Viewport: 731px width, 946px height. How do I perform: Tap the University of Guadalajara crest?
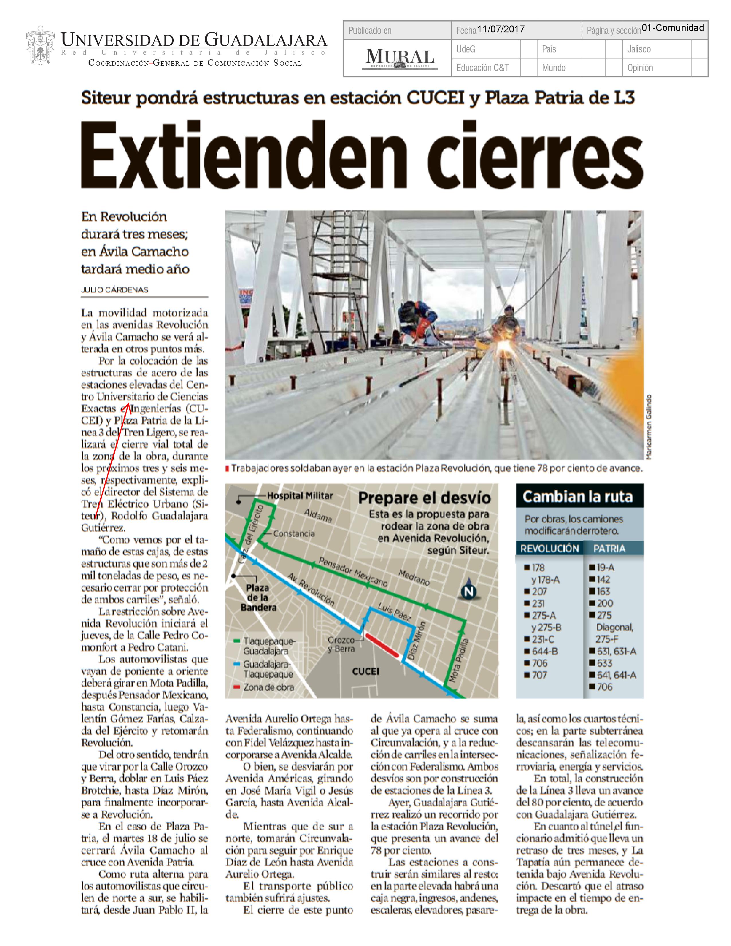tap(40, 48)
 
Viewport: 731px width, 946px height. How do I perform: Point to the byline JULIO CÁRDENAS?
tap(114, 290)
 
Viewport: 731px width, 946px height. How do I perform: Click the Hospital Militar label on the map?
tap(300, 496)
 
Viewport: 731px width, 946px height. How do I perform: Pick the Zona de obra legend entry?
tap(268, 687)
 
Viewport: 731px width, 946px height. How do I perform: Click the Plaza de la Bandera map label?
tap(258, 598)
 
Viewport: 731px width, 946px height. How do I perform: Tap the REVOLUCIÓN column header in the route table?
tap(549, 548)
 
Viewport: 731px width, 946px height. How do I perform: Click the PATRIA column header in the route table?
tap(609, 548)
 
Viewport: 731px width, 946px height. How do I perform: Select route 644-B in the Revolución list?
tap(544, 651)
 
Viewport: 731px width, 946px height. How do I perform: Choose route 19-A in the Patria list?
tap(605, 567)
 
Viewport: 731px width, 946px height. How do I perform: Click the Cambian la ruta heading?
tap(578, 497)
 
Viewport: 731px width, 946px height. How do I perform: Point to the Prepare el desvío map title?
tap(424, 498)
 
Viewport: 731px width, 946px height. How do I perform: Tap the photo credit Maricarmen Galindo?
tap(648, 426)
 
